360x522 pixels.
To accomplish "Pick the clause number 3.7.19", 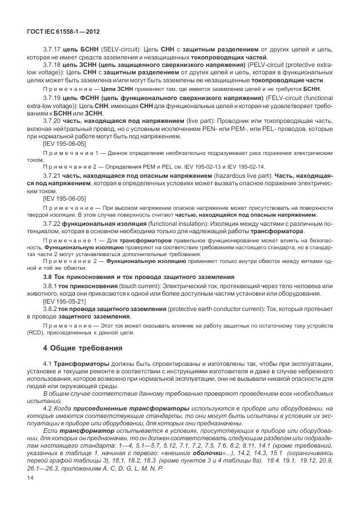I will pyautogui.click(x=54, y=99).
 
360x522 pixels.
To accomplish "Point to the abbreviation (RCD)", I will pyautogui.click(x=36, y=330).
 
